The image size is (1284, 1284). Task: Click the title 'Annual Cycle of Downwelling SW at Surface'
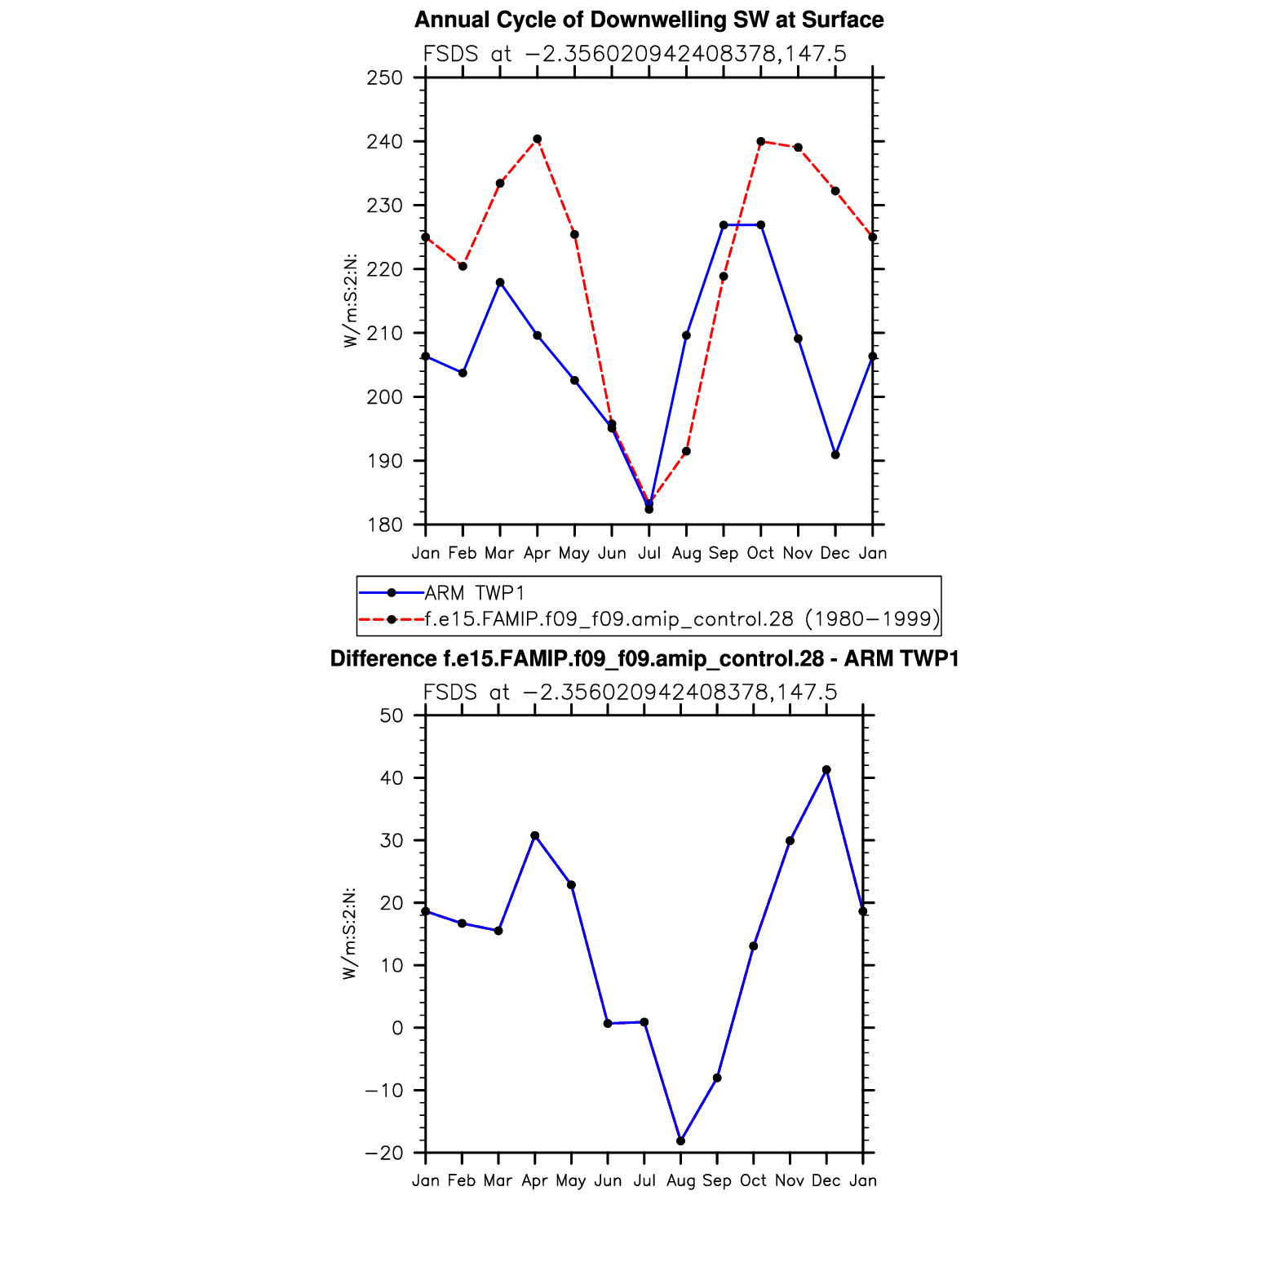pyautogui.click(x=649, y=20)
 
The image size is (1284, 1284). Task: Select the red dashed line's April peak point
pyautogui.click(x=537, y=139)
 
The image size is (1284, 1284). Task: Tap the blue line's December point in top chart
pyautogui.click(x=835, y=454)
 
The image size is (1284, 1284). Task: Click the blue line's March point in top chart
pyautogui.click(x=500, y=282)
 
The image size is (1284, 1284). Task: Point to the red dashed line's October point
pyautogui.click(x=761, y=141)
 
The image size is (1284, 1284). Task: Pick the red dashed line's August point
pyautogui.click(x=687, y=451)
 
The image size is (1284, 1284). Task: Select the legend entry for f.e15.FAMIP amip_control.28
pyautogui.click(x=682, y=619)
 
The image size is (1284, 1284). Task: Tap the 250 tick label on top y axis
pyautogui.click(x=385, y=78)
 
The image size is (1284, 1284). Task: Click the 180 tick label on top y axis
pyautogui.click(x=385, y=525)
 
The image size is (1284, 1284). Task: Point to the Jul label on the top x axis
pyautogui.click(x=649, y=553)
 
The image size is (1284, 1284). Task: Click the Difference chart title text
pyautogui.click(x=644, y=659)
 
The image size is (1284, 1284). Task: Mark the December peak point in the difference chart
pyautogui.click(x=826, y=770)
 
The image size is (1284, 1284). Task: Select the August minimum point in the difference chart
pyautogui.click(x=681, y=1140)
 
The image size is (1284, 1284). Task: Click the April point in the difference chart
pyautogui.click(x=535, y=835)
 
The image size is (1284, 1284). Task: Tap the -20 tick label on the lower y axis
pyautogui.click(x=384, y=1153)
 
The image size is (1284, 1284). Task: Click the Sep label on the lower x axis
pyautogui.click(x=717, y=1180)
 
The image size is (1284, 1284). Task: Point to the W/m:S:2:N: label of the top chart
pyautogui.click(x=351, y=300)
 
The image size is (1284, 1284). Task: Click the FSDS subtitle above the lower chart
pyautogui.click(x=630, y=693)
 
